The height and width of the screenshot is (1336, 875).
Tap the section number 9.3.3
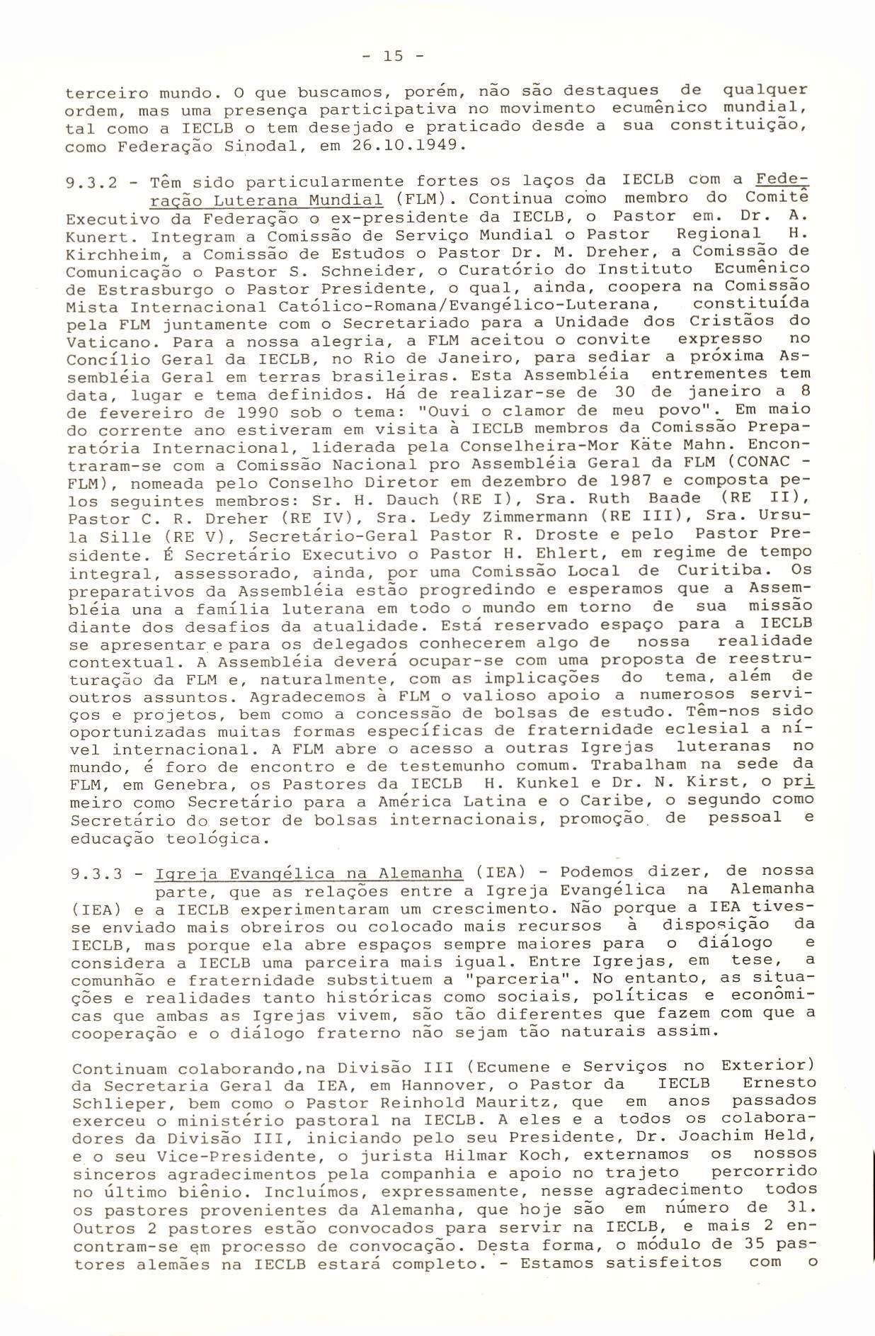coord(95,873)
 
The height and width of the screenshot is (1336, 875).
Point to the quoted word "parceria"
coord(503,980)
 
